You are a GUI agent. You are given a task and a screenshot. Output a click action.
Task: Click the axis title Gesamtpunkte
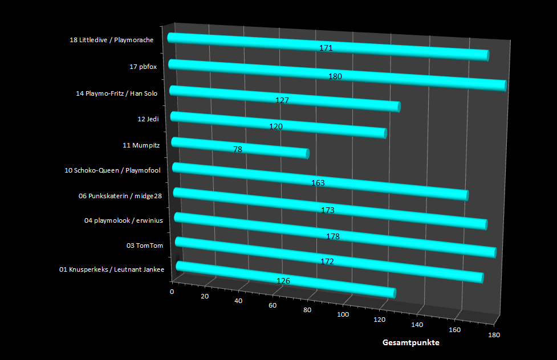coord(410,343)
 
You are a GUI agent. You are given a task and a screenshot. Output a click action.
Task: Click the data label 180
coord(335,76)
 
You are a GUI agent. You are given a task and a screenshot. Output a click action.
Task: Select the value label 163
coord(318,183)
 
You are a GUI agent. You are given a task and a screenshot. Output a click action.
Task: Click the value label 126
coord(283,281)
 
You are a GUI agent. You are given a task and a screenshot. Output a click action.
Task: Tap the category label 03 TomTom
coord(145,246)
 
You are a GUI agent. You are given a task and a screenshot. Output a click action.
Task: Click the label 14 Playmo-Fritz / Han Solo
coord(116,93)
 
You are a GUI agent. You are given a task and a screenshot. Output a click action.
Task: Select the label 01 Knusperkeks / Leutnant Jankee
coord(112,269)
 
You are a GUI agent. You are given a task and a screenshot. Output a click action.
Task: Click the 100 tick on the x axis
coord(343,314)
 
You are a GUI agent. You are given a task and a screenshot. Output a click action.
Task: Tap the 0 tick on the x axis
coord(172,292)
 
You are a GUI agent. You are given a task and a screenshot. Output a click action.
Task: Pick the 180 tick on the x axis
coord(494,335)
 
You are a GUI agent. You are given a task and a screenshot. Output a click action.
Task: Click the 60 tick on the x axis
coord(273,305)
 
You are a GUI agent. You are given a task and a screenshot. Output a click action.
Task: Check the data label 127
coord(282,100)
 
